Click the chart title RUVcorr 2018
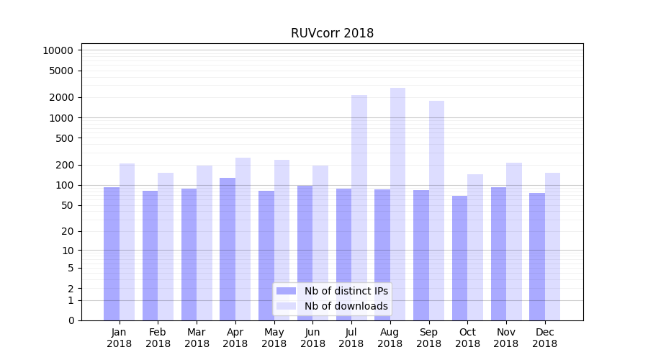pyautogui.click(x=332, y=33)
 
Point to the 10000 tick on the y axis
pyautogui.click(x=58, y=50)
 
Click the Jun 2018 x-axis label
pyautogui.click(x=312, y=338)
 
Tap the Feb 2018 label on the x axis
pyautogui.click(x=158, y=338)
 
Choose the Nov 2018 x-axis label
pyautogui.click(x=506, y=338)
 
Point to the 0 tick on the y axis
pyautogui.click(x=71, y=320)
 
